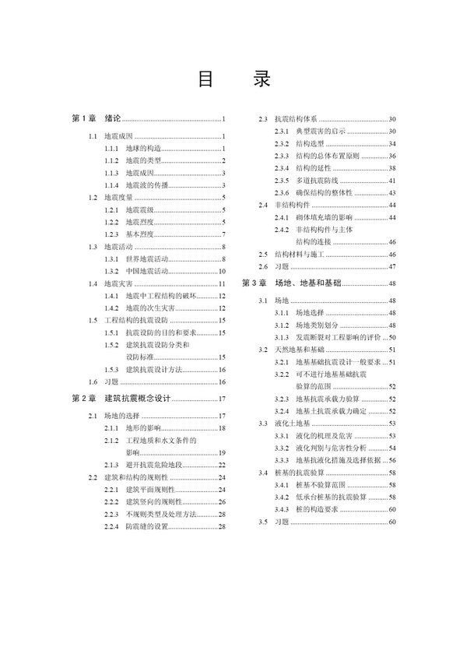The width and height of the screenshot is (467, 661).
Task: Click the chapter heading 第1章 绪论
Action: point(97,119)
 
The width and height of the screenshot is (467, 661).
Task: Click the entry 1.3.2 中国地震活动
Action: point(137,271)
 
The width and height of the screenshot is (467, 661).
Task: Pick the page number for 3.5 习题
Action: point(392,521)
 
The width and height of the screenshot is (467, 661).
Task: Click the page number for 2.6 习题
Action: point(392,266)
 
